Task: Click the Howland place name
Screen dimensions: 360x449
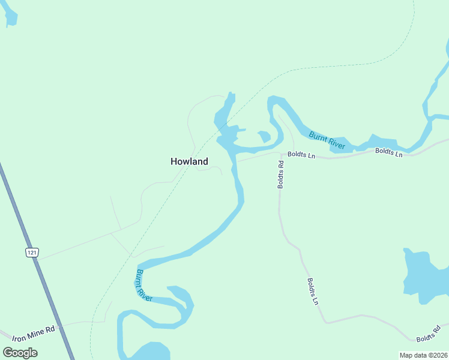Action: tap(189, 161)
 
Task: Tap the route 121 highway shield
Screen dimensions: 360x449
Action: tap(32, 253)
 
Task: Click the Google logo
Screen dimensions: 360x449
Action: tap(20, 353)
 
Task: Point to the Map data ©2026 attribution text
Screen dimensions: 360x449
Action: tap(423, 355)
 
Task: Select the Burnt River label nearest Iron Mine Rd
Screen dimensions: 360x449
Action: tap(143, 286)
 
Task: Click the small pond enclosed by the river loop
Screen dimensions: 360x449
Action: tap(264, 137)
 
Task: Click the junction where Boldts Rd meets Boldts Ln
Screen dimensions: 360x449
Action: tap(280, 154)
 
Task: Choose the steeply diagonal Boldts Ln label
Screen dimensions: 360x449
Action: tap(312, 292)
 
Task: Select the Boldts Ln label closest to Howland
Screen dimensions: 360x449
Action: tap(301, 155)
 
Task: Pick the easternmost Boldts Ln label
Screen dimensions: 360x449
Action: tap(388, 152)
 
